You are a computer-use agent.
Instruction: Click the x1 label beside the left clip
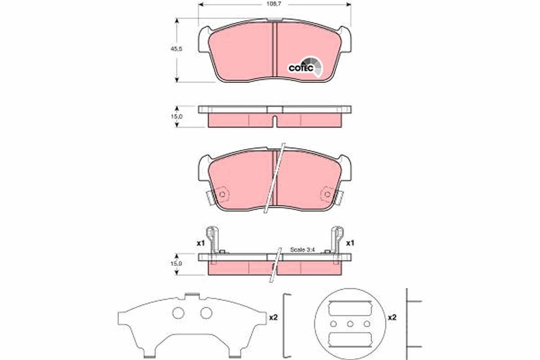coord(201,243)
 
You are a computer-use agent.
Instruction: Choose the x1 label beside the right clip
coord(350,243)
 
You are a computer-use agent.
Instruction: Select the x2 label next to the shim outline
coord(273,317)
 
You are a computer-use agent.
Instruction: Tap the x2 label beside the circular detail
coord(392,317)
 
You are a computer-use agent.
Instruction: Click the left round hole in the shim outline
coord(179,313)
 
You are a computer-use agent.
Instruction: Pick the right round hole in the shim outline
coord(206,313)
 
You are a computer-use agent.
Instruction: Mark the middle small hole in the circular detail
coord(350,324)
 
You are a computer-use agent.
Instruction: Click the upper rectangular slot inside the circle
coord(350,309)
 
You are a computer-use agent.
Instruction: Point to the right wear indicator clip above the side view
coord(337,238)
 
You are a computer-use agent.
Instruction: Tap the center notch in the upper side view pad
coord(274,120)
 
